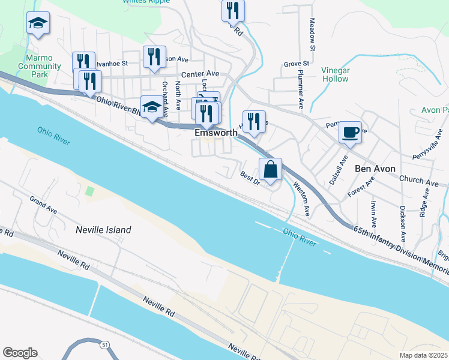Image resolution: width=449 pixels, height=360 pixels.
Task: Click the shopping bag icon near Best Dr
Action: point(270,170)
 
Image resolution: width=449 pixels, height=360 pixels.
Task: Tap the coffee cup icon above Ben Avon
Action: point(350,133)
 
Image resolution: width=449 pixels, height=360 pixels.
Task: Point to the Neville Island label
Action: point(103,230)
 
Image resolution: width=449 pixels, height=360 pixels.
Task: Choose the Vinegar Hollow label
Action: point(335,74)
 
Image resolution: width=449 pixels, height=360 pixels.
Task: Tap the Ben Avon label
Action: point(375,169)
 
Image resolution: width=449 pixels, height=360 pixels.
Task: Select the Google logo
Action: point(20,353)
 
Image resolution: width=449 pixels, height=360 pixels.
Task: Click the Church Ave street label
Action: point(419,180)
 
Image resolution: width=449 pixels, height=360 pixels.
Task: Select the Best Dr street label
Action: point(249,178)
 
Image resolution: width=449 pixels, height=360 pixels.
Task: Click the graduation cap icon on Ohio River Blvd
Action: point(152,107)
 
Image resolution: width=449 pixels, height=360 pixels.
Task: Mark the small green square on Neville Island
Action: point(89,191)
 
